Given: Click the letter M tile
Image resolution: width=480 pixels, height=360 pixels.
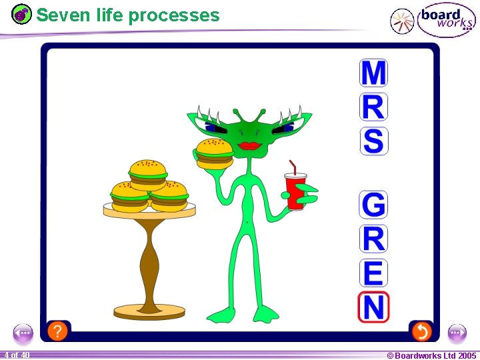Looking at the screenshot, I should click(373, 73).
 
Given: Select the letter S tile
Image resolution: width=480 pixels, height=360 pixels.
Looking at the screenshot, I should click(373, 141).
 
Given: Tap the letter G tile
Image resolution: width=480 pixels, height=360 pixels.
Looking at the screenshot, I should click(373, 205).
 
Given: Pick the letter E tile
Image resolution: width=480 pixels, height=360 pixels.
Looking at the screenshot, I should click(373, 273).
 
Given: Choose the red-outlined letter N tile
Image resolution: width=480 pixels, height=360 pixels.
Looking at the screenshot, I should click(373, 307).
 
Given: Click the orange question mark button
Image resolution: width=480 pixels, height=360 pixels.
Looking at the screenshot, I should click(58, 330).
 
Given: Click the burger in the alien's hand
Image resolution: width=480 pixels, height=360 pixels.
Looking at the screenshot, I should click(214, 153).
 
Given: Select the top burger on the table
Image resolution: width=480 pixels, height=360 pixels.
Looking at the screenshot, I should click(147, 173).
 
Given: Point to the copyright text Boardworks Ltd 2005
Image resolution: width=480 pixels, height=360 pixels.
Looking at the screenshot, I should click(432, 355).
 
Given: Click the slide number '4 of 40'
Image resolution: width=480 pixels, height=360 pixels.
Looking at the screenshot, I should click(16, 355).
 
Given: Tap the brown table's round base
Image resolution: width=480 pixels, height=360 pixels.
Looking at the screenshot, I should click(149, 311).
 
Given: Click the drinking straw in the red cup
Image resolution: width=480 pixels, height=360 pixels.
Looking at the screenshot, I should click(291, 167).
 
